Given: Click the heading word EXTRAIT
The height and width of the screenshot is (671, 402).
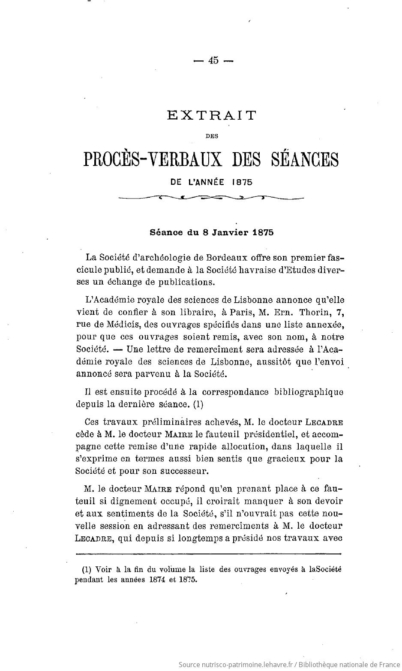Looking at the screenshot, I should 211,115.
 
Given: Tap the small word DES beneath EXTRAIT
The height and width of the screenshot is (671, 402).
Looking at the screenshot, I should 212,136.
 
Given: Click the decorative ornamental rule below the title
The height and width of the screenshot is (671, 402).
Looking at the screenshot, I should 211,198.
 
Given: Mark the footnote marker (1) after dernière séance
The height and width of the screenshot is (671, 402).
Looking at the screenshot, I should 198,404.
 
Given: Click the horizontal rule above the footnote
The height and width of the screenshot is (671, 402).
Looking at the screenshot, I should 207,554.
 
